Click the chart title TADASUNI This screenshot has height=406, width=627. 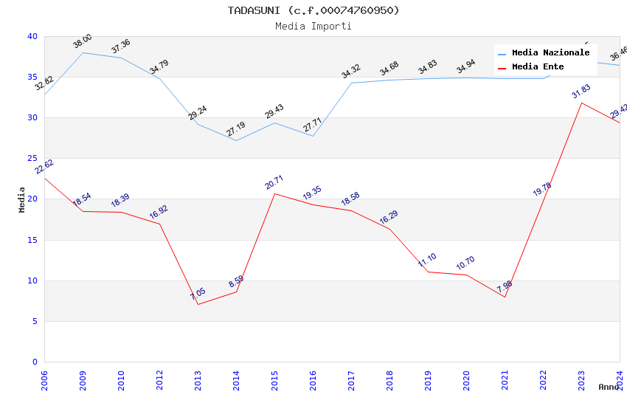313,10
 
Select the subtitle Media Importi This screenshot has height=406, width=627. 313,27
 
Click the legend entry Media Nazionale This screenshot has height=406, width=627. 550,53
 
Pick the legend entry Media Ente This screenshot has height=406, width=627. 538,67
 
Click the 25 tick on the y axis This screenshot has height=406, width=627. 32,159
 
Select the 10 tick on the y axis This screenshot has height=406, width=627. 32,281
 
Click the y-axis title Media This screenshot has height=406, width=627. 22,199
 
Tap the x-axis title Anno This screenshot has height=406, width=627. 609,387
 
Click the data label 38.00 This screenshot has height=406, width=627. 83,41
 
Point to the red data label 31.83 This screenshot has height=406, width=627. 581,92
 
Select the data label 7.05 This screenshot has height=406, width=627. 198,294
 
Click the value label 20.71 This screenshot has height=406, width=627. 274,182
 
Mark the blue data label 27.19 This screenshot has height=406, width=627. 236,130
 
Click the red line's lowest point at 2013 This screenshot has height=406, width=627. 198,305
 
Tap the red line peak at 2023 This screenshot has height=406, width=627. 581,103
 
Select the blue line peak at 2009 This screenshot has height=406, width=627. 83,52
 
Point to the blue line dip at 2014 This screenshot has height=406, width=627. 236,140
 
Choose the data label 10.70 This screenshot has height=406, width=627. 466,264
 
